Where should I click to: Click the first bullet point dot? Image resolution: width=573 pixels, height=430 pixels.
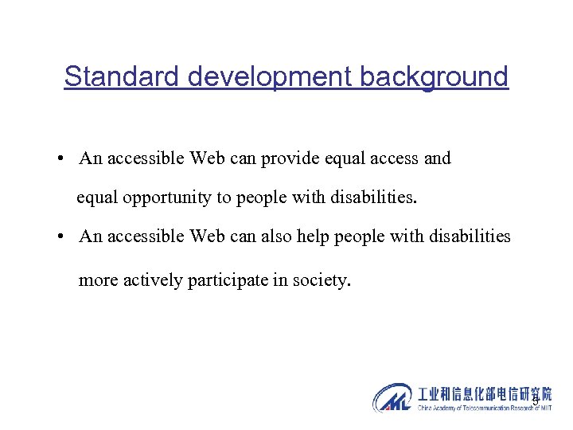[61, 158]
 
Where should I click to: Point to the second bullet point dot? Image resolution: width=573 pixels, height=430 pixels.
[61, 237]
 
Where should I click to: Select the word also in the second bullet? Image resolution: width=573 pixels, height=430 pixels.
[282, 237]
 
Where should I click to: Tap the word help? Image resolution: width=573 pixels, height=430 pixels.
[318, 237]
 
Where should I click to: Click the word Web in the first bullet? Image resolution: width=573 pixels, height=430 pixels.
[207, 158]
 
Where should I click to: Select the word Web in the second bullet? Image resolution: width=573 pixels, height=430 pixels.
[207, 237]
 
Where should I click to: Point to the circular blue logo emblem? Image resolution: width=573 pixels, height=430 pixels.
[392, 398]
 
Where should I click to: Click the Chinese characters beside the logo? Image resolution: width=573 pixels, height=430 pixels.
[483, 394]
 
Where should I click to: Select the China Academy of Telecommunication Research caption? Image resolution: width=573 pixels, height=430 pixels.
[483, 408]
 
